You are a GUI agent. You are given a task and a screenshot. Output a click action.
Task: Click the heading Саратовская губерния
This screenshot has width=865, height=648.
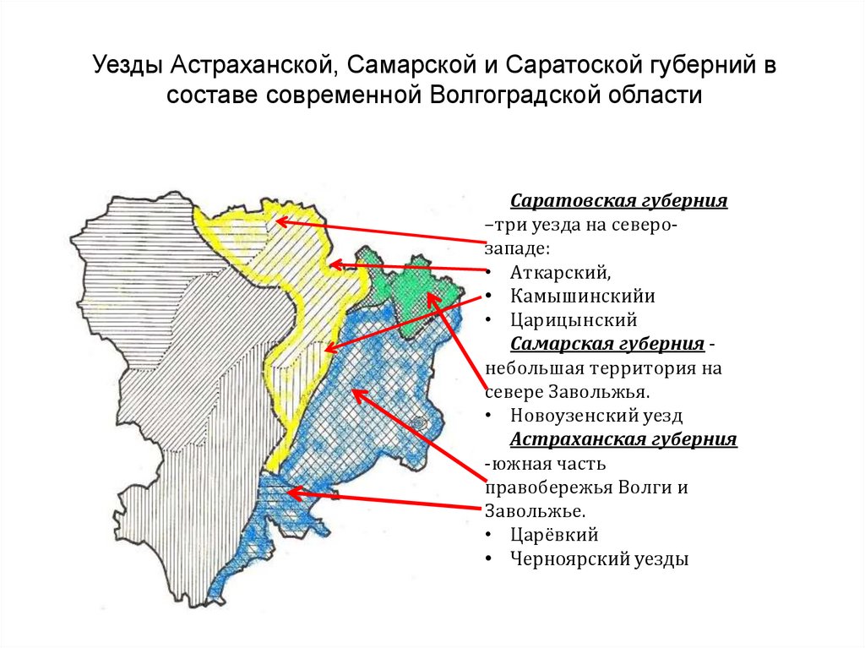click(x=618, y=202)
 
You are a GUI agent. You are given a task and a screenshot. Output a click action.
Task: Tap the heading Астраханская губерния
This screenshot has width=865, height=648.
click(x=623, y=440)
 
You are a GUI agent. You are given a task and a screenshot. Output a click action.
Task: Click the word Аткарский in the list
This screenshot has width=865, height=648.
click(x=558, y=273)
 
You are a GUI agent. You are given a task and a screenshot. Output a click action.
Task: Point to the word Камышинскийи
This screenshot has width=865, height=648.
click(x=582, y=297)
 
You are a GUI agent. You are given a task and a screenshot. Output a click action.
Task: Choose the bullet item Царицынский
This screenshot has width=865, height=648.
click(x=573, y=321)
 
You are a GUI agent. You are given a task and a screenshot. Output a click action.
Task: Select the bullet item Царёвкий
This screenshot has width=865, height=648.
click(x=554, y=535)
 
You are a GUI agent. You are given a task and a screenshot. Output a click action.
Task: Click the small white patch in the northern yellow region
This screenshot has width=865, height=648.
click(x=271, y=225)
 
